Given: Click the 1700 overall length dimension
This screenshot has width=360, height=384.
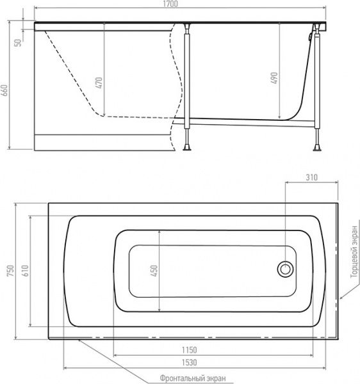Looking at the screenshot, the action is coord(171,4).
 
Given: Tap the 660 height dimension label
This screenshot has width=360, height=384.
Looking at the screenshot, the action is coord(5,90).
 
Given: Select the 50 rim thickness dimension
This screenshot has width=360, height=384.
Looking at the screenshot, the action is coord(18,43).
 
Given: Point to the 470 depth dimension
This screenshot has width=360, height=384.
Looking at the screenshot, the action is coord(99,83).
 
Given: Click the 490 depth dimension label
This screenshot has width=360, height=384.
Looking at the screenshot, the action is coord(274,78).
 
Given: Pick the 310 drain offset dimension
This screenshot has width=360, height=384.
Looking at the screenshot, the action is coord(311,177).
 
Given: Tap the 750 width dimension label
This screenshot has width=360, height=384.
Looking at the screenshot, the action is coord(10,271).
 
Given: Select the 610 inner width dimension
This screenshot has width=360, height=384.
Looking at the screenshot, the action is coord(26,270).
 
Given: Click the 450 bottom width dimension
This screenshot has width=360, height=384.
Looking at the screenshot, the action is coord(154,271).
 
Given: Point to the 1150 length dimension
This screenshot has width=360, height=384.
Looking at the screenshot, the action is coord(189,350).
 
